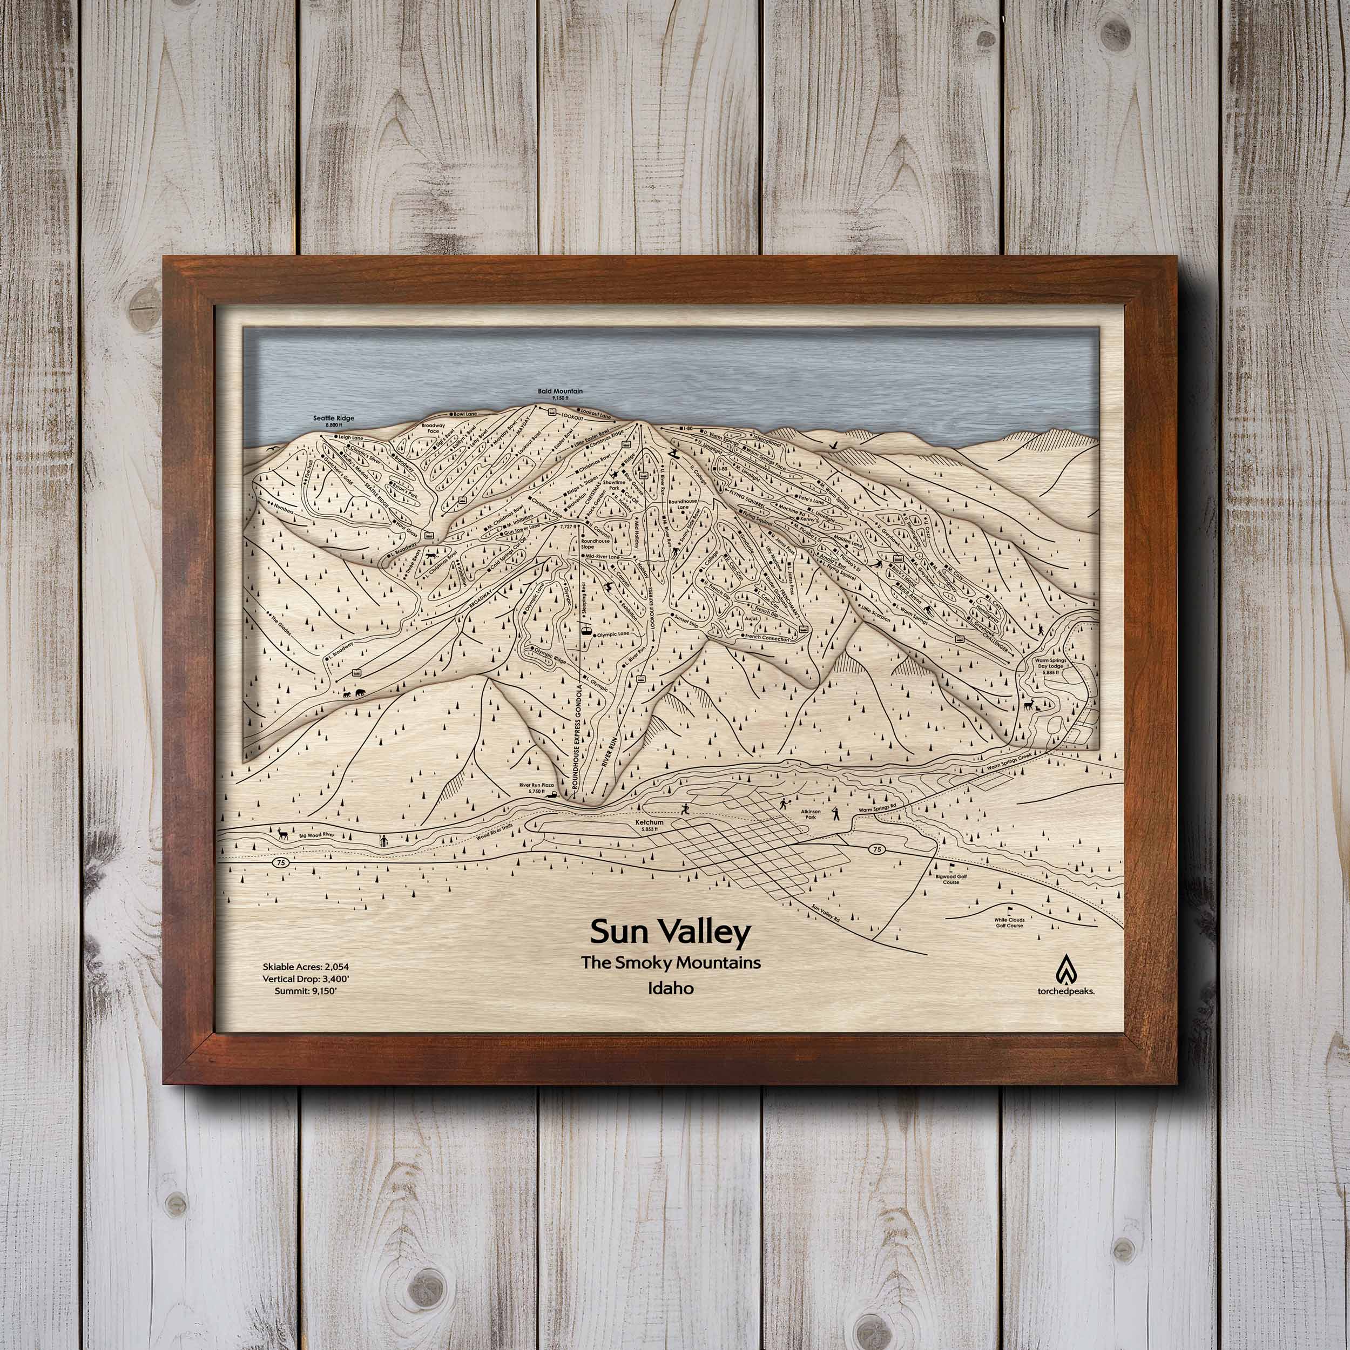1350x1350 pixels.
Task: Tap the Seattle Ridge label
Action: pos(334,420)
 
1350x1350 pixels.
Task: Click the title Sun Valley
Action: pos(670,932)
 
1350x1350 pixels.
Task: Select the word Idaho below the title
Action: pos(670,989)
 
